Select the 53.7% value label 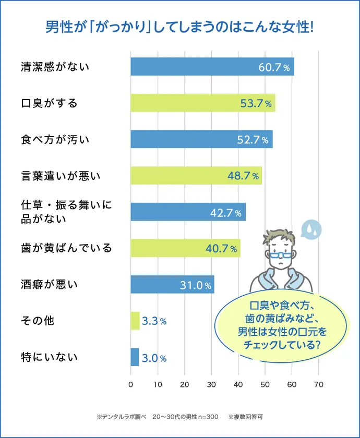point(256,103)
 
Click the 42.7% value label point(225,212)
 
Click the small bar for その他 point(135,321)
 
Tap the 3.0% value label point(154,358)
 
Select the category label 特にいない point(49,357)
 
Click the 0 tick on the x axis point(130,385)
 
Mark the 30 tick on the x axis point(211,385)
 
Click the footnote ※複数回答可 point(245,417)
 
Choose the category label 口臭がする point(49,103)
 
